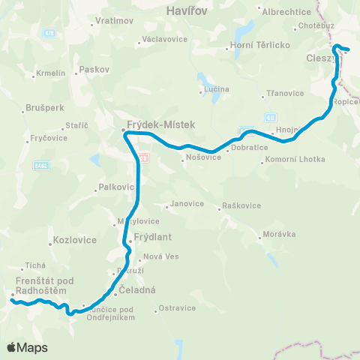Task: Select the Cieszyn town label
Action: pos(323,58)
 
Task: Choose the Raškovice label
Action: pos(242,206)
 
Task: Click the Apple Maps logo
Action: pos(27,347)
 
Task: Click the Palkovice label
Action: pos(115,188)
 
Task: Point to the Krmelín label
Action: pos(52,73)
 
